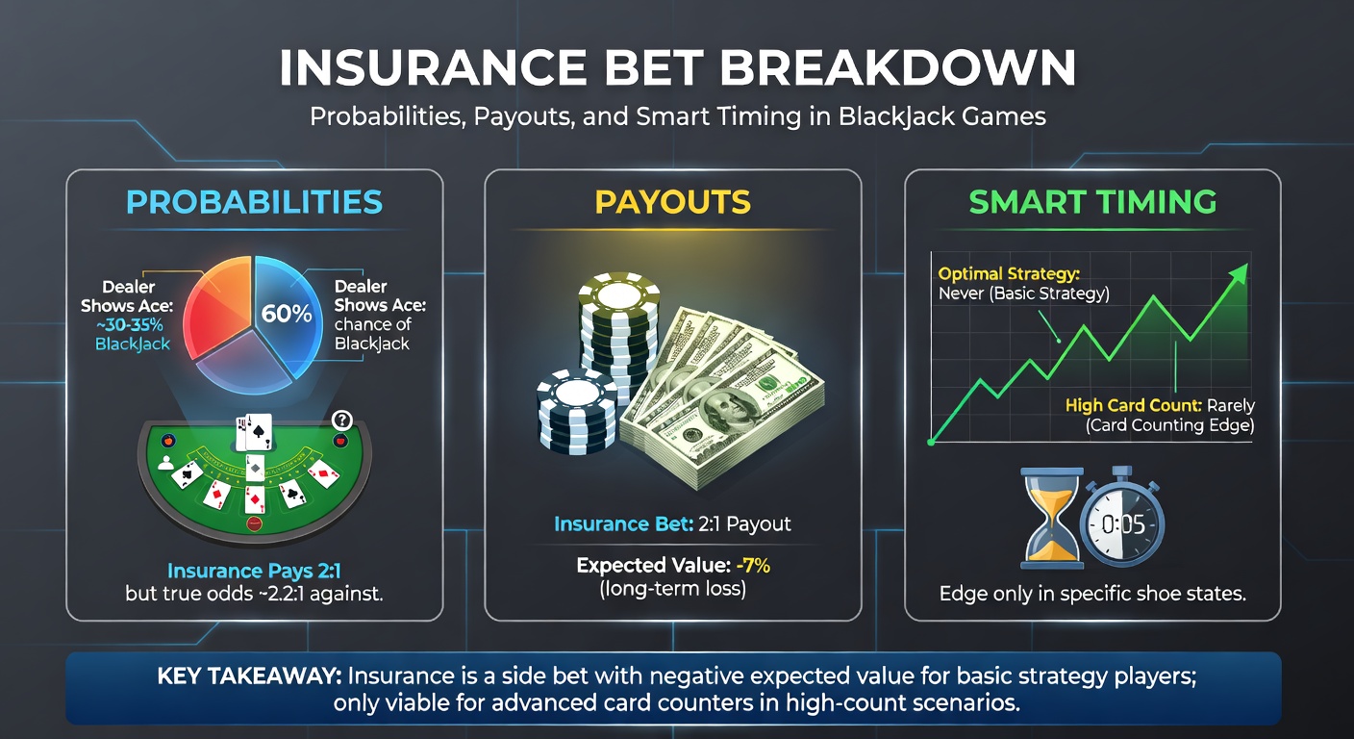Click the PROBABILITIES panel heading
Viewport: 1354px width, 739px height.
(x=254, y=202)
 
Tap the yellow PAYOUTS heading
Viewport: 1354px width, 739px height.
(x=672, y=202)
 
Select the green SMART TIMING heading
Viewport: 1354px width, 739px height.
(x=1092, y=202)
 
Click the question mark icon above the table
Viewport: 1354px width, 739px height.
(x=340, y=420)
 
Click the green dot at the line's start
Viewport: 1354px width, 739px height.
(x=931, y=442)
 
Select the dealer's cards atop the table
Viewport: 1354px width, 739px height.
(x=254, y=432)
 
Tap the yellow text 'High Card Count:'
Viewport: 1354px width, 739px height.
(x=1130, y=406)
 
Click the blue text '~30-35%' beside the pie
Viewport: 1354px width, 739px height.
(x=134, y=324)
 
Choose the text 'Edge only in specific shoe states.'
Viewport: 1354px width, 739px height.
(x=1092, y=594)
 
